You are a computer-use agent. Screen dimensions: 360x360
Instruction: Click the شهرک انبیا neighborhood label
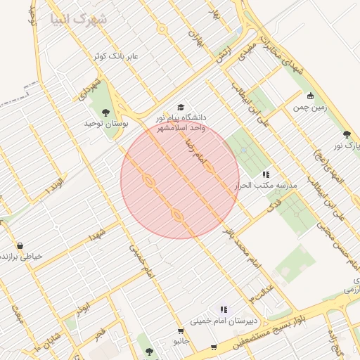79,19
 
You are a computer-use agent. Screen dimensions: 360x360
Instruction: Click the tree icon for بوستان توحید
105,112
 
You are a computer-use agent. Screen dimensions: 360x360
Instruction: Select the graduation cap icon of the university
181,108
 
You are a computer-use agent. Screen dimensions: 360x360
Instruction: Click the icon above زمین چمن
310,96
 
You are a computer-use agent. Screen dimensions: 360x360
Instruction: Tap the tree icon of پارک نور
346,134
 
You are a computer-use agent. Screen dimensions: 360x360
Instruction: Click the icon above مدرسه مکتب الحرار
266,174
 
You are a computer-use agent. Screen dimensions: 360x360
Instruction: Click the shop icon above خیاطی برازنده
19,246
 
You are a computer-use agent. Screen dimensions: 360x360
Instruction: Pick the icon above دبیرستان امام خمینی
224,309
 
